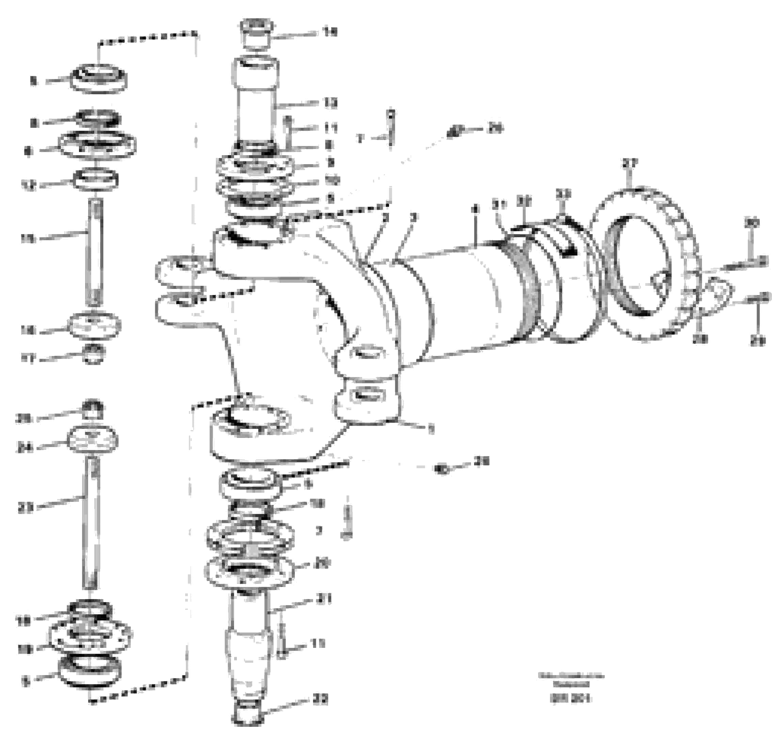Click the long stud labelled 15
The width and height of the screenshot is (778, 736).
(x=94, y=251)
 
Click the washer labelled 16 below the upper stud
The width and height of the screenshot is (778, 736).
(x=94, y=325)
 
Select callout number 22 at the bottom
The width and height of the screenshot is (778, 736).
(x=321, y=700)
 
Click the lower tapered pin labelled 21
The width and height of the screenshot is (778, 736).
(x=248, y=651)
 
